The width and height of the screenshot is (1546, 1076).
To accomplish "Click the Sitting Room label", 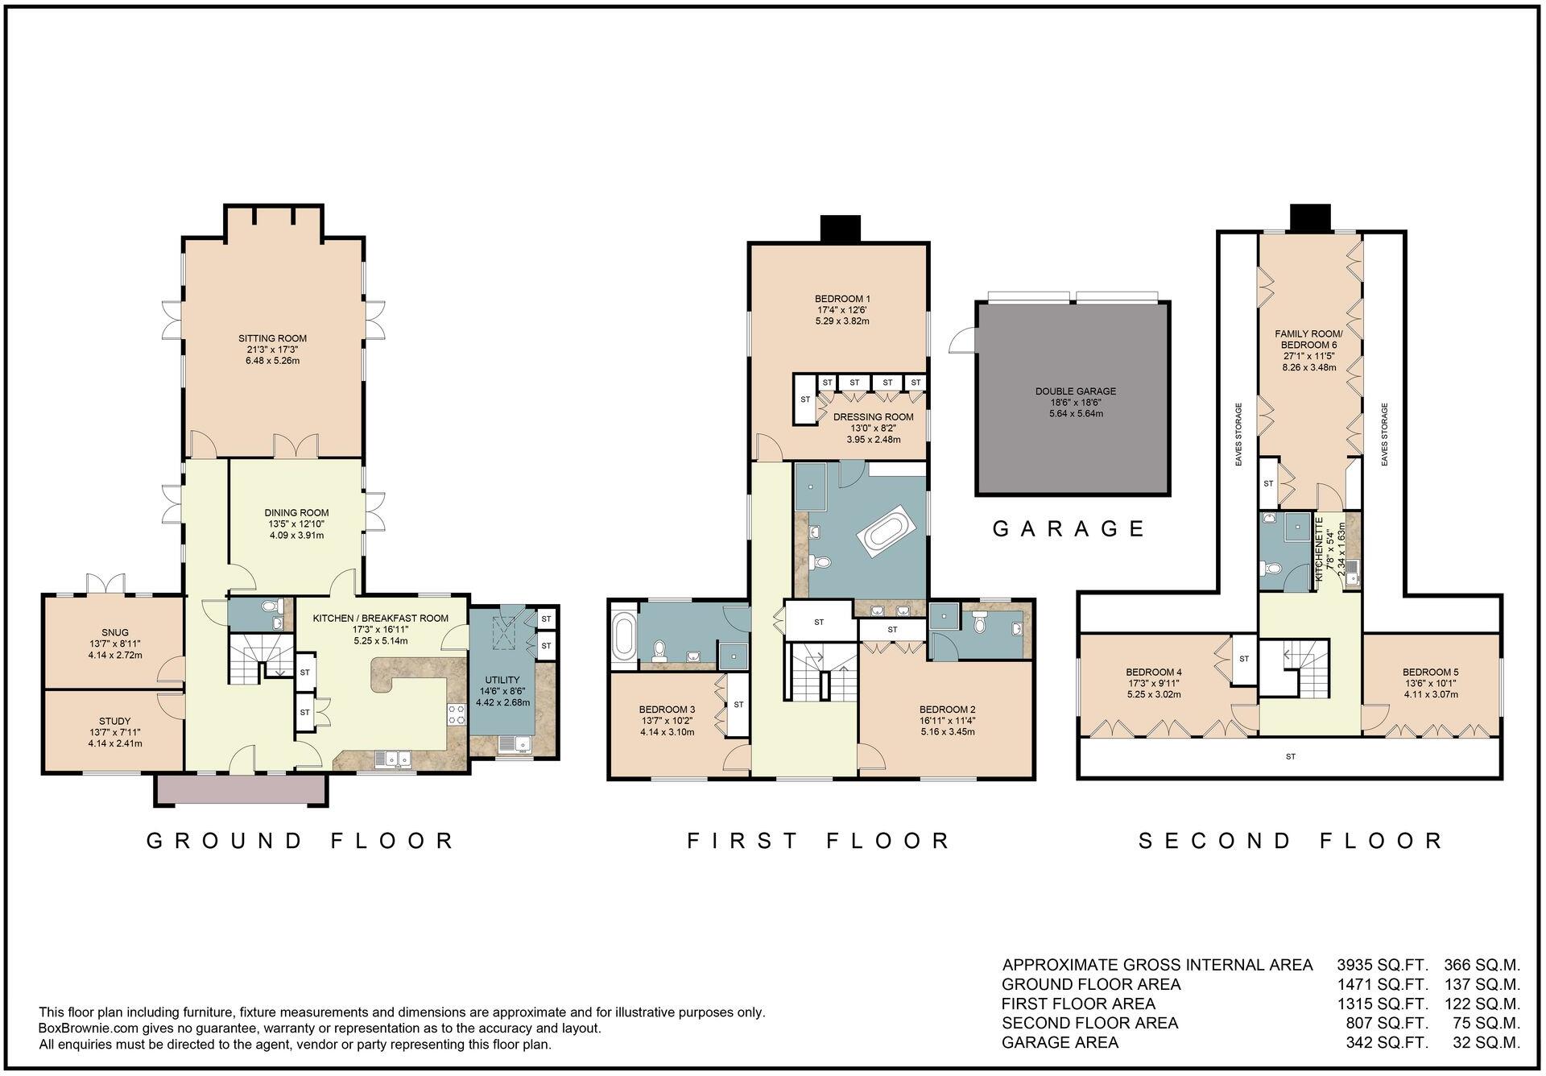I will pos(272,338).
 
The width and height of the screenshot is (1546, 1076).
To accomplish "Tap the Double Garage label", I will pos(1075,391).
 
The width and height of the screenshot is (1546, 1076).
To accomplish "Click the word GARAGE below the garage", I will pos(1069,529).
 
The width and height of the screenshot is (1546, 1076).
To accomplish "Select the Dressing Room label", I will pos(873,416).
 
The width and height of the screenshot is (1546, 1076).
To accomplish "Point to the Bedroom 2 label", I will pos(948,710).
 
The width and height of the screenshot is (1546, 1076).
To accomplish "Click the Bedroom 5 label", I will pos(1430,672).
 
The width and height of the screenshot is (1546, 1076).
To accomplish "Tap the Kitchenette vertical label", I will pos(1320,549).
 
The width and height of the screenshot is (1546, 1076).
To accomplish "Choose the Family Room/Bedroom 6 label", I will pos(1308,339).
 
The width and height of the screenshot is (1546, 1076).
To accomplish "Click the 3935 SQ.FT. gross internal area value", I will pos(1382,965).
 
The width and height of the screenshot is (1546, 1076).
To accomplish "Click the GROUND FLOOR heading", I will pos(301,841).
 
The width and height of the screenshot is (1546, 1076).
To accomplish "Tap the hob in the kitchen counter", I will pos(456,713).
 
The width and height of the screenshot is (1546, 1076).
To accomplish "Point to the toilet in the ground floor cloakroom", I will pos(269,607).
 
